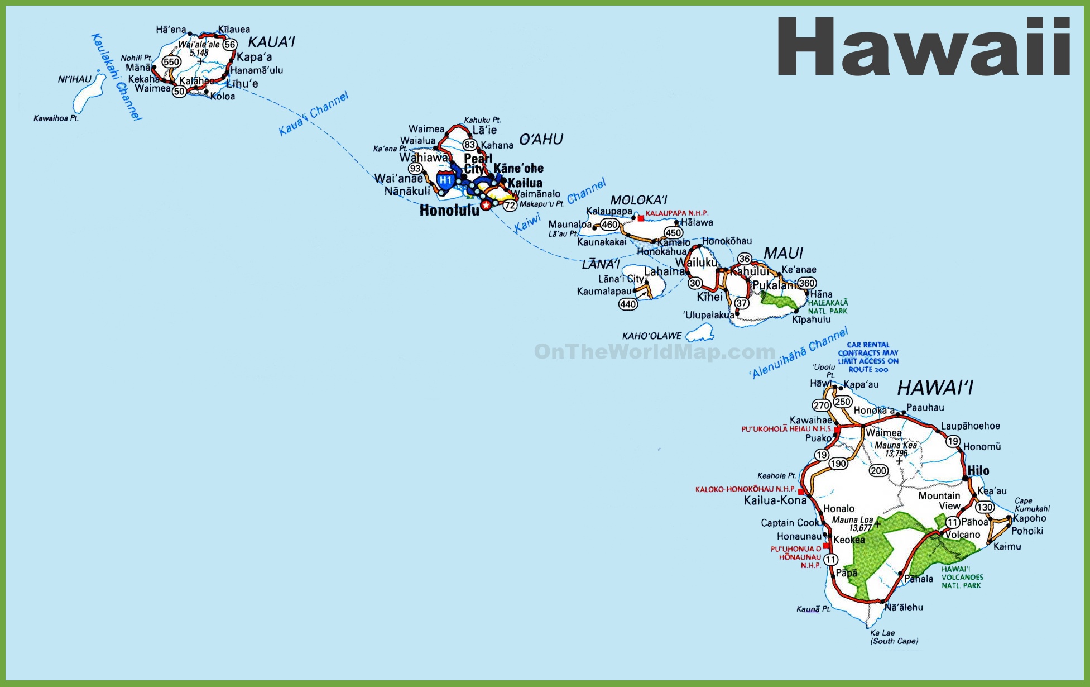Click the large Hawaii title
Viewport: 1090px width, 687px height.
pyautogui.click(x=924, y=47)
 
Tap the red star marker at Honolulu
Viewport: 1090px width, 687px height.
pyautogui.click(x=486, y=206)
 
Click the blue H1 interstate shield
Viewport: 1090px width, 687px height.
pyautogui.click(x=445, y=180)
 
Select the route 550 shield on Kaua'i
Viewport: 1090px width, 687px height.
pyautogui.click(x=171, y=61)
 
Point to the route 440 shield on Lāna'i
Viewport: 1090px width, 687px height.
pyautogui.click(x=628, y=304)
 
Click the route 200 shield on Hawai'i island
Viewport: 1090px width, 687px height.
pyautogui.click(x=878, y=471)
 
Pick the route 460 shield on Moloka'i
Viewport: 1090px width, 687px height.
pyautogui.click(x=609, y=225)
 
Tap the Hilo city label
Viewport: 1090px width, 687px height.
pyautogui.click(x=978, y=471)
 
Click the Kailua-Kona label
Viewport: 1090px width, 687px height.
pyautogui.click(x=775, y=500)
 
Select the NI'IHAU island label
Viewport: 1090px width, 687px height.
pyautogui.click(x=74, y=79)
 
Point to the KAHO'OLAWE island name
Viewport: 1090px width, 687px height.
pyautogui.click(x=652, y=336)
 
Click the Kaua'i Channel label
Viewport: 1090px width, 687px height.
pyautogui.click(x=313, y=113)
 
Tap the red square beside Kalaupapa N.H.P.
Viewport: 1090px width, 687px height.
pyautogui.click(x=641, y=218)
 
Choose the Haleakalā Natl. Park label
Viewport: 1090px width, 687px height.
pyautogui.click(x=828, y=307)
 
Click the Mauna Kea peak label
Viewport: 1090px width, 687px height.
pyautogui.click(x=895, y=449)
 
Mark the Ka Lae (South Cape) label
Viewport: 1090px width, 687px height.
pyautogui.click(x=894, y=637)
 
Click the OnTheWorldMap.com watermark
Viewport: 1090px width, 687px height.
pyautogui.click(x=654, y=352)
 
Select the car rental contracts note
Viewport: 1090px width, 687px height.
pyautogui.click(x=868, y=357)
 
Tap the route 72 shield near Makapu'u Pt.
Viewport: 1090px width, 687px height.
pyautogui.click(x=510, y=206)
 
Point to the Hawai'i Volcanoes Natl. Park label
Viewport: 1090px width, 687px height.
pyautogui.click(x=962, y=577)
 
